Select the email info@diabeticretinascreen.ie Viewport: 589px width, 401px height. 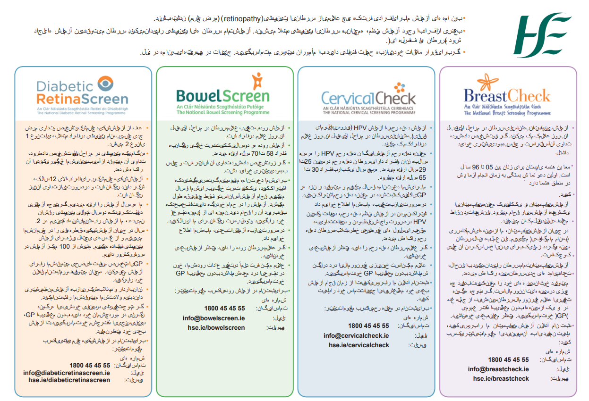pyautogui.click(x=67, y=373)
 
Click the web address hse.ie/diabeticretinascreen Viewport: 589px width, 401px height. pyautogui.click(x=69, y=380)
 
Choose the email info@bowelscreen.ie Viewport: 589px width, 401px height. pyautogui.click(x=213, y=318)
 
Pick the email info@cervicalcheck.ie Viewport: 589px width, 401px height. pyautogui.click(x=356, y=335)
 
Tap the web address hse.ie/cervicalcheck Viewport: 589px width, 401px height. pyautogui.click(x=359, y=345)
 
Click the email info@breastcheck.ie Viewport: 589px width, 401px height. pyautogui.click(x=498, y=369)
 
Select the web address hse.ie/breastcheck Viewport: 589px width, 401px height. pyautogui.click(x=501, y=378)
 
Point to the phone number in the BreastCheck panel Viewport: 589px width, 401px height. pyautogui.click(x=508, y=359)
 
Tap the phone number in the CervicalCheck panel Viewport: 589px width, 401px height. pyautogui.click(x=368, y=326)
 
